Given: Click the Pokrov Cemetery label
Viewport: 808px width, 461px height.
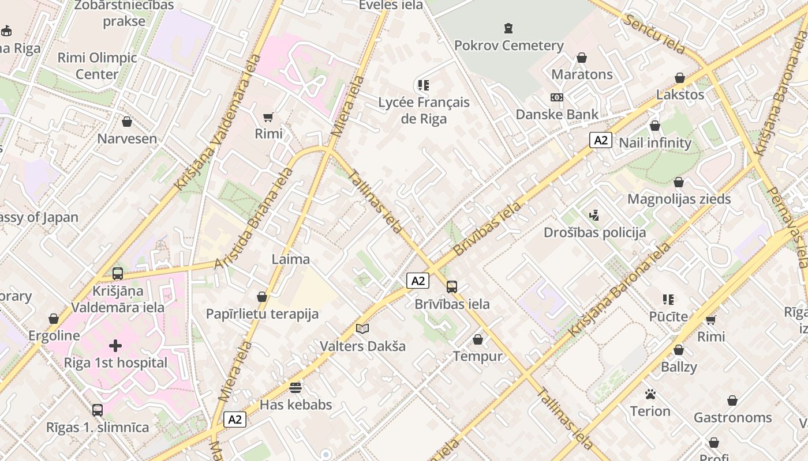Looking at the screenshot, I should coord(508,46).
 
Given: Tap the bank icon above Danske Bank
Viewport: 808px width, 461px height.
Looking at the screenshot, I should coord(557,97).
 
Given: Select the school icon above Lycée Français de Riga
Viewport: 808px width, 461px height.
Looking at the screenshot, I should coord(424,85).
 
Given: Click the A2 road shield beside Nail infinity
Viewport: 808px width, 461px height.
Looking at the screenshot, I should coord(601,140).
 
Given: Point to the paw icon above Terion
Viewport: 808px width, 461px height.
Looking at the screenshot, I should coord(650,395).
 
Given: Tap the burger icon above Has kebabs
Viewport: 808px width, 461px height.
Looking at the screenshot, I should coord(295,387).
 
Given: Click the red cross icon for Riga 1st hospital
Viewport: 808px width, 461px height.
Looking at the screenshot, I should coord(115,346).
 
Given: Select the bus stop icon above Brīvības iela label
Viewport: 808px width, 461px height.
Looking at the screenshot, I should coord(452,286).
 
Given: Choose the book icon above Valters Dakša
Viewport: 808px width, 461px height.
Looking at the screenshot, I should coord(362,329).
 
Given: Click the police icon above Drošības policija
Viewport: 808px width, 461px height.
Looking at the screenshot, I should coord(594,216).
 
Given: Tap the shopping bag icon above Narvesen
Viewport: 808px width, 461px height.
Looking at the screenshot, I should coord(127,122).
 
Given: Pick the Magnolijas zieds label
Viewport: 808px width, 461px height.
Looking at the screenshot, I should coord(679,199).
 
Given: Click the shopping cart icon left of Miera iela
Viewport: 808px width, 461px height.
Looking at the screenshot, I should coord(268,117).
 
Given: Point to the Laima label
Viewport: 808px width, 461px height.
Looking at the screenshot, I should coord(291,259).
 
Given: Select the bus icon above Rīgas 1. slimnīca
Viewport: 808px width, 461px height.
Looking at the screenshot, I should coord(98,410).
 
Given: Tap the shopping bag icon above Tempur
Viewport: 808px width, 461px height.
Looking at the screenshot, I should coord(478,339).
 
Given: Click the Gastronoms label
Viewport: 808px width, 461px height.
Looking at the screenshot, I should coord(732,417).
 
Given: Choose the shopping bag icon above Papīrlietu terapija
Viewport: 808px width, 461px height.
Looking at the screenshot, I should coord(262,297).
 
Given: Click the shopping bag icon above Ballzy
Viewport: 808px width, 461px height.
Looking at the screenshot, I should coord(679,350).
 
